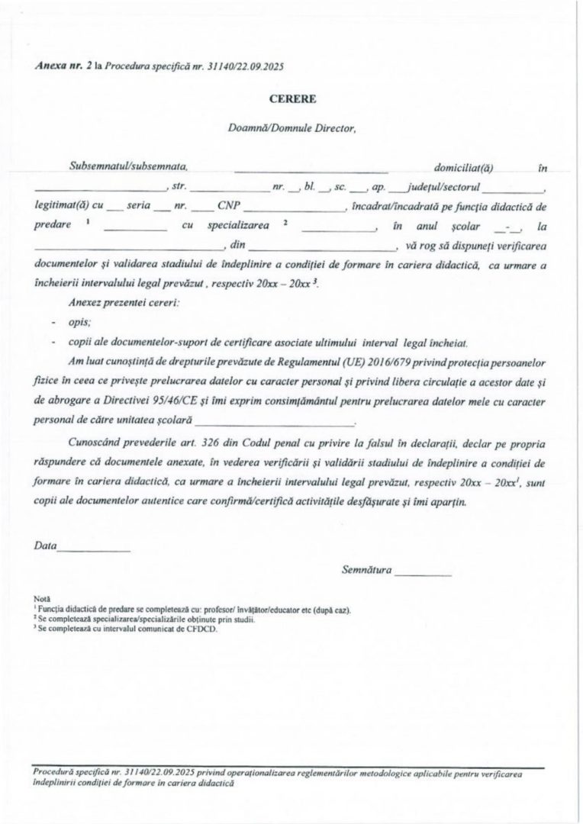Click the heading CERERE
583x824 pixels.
[291, 98]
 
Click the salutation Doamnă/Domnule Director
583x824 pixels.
[292, 128]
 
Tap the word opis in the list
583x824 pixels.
[77, 323]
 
